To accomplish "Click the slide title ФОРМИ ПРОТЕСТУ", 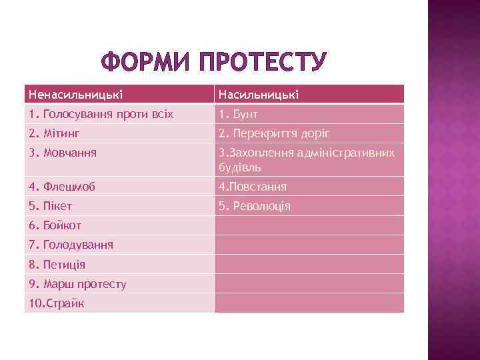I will (213, 64).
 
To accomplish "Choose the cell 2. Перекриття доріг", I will (274, 133).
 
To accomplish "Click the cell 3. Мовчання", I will (63, 153).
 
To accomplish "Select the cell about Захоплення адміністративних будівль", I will (307, 159).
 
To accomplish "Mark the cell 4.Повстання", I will (253, 187).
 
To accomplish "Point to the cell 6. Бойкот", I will (56, 225).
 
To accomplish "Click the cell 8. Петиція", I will (57, 264).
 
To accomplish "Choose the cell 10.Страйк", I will (56, 303).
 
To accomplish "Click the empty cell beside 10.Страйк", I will (309, 303).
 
